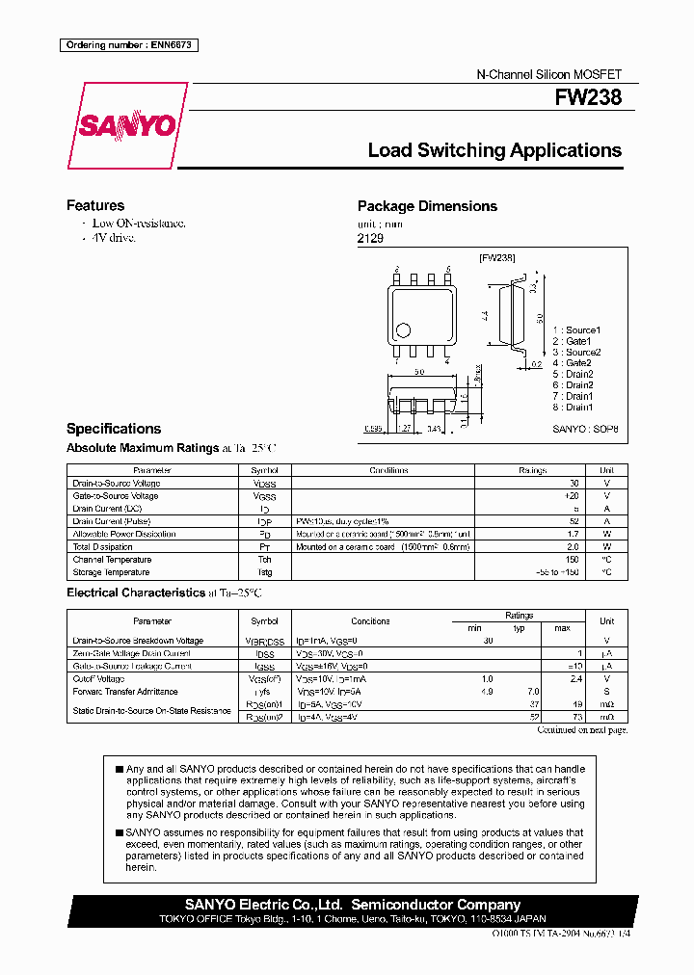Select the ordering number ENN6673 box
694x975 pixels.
click(x=128, y=45)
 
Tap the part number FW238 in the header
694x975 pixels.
click(x=587, y=98)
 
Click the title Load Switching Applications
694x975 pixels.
click(x=494, y=150)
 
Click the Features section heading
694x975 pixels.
click(x=94, y=205)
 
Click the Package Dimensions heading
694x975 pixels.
click(x=427, y=206)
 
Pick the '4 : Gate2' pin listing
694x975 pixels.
click(x=573, y=363)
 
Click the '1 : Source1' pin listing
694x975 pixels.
click(x=576, y=330)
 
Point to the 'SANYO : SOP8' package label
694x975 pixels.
click(x=585, y=430)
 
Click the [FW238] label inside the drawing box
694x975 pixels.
click(x=497, y=258)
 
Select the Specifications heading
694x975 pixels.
click(x=113, y=429)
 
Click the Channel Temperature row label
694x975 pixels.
click(x=112, y=560)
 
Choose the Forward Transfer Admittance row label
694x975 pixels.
click(x=125, y=692)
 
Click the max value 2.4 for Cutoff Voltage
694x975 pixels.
click(x=577, y=678)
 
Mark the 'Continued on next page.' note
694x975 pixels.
click(x=581, y=730)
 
